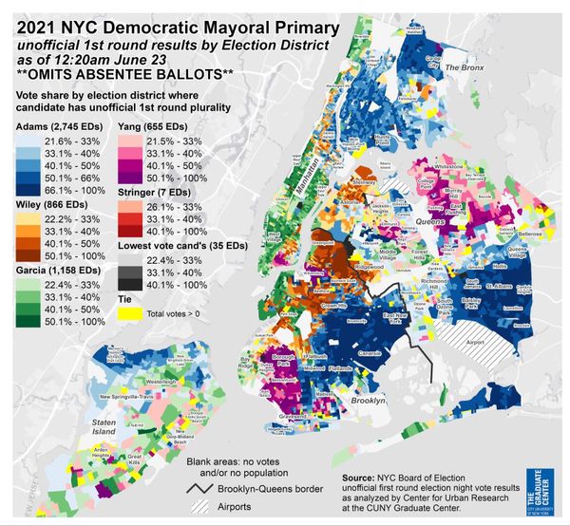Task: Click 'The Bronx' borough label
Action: pos(465,68)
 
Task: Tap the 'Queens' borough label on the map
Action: pos(432,221)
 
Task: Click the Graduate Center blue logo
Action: pos(544,487)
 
